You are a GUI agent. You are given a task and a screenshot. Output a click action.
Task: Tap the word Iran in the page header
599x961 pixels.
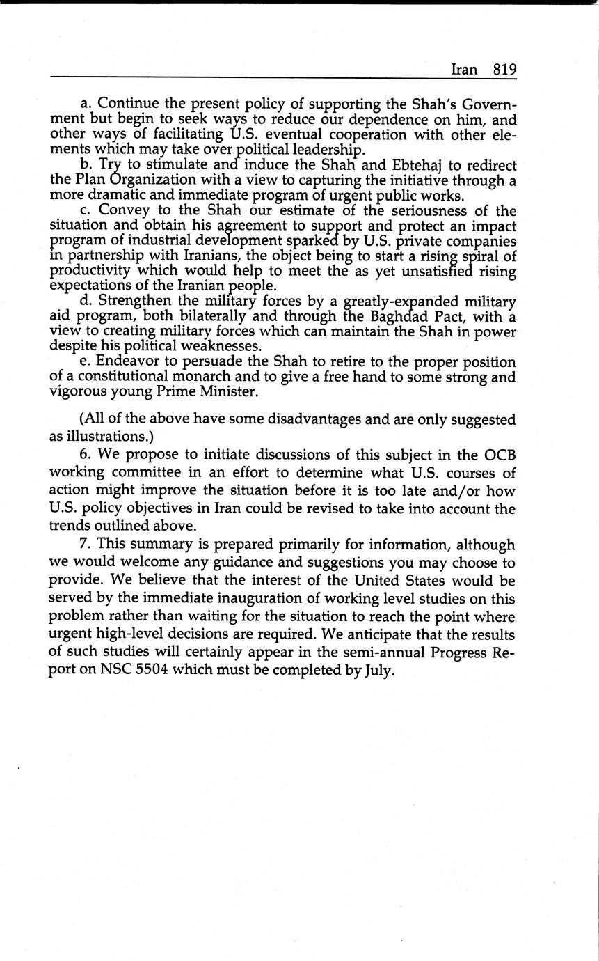[x=464, y=70]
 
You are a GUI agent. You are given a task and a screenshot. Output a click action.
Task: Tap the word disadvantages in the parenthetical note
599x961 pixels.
[x=344, y=420]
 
